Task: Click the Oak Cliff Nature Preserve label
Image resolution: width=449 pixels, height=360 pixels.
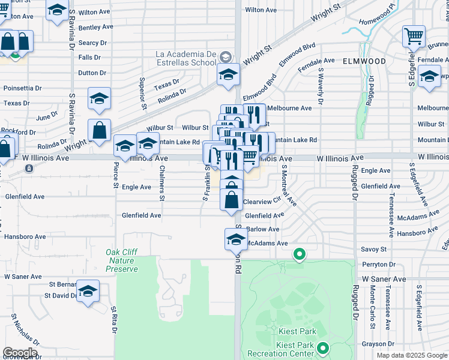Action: (122, 260)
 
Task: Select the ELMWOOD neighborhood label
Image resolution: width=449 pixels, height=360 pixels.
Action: (364, 61)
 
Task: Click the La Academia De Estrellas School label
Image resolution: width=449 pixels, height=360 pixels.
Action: (185, 58)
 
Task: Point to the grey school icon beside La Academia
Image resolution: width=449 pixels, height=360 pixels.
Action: (226, 57)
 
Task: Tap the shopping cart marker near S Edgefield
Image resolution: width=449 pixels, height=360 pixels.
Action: (414, 37)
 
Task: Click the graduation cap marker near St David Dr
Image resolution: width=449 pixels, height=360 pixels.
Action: (88, 291)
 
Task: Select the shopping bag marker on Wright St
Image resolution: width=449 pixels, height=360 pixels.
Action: (100, 130)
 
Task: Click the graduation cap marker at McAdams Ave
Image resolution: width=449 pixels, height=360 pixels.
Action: (236, 239)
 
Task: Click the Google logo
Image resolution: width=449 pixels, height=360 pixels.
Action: (19, 353)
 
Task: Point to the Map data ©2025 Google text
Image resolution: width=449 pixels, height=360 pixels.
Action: (411, 355)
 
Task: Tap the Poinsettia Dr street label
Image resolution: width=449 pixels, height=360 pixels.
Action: (22, 88)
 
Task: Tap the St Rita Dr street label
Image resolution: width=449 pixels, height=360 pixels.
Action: (113, 319)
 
